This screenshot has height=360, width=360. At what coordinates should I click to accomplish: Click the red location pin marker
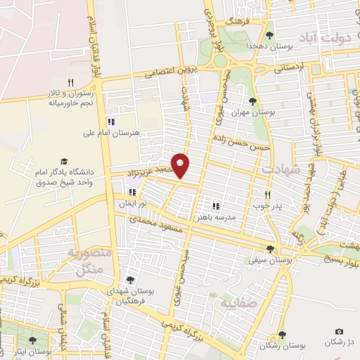coord(181,165)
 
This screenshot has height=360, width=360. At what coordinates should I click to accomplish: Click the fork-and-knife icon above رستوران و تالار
coord(70,82)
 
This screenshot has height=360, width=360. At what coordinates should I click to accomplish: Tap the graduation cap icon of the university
coord(65,161)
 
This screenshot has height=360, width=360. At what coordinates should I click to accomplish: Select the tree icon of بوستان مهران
coord(252,101)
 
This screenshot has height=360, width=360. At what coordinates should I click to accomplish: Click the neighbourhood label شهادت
coord(281,170)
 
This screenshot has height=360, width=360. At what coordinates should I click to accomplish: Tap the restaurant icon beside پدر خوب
coord(267,195)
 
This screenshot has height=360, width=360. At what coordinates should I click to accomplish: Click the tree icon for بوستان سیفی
coord(271,249)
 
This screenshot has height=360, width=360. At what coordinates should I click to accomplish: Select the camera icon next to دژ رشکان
coord(340,331)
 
